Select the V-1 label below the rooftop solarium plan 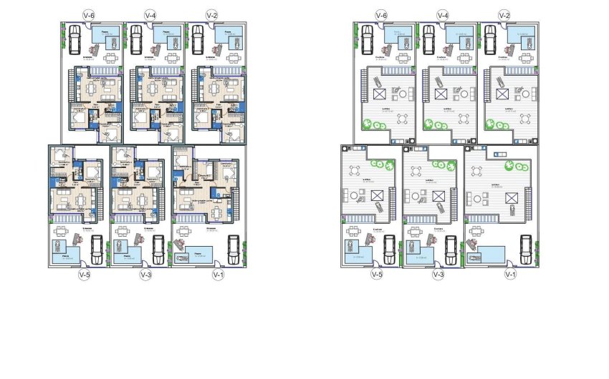tap(510, 274)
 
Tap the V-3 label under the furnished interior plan tap(145, 274)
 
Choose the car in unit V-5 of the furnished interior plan tap(96, 247)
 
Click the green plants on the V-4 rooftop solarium tap(438, 124)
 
